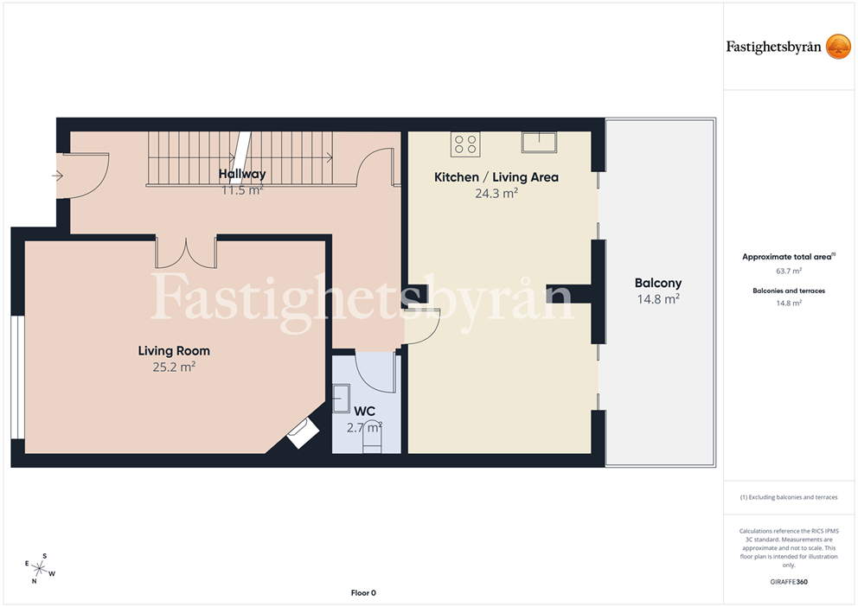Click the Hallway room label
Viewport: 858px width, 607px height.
click(x=242, y=174)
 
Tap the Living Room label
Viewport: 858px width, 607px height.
click(x=174, y=350)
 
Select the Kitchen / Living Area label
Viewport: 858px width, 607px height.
click(x=496, y=177)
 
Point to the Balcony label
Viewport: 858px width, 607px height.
click(x=658, y=283)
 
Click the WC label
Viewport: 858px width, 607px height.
click(x=364, y=412)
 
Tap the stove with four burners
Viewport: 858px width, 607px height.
click(x=465, y=144)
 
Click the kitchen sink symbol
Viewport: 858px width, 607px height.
click(x=539, y=142)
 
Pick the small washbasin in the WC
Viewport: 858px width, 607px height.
click(x=341, y=398)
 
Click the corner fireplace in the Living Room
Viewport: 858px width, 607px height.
click(x=303, y=433)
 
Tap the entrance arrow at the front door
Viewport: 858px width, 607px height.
click(x=57, y=176)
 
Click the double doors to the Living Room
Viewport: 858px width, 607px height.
click(x=186, y=252)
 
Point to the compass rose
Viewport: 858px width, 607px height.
click(x=40, y=569)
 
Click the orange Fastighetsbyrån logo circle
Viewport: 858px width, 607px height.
click(x=838, y=47)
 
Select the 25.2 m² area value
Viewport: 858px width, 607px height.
click(x=174, y=367)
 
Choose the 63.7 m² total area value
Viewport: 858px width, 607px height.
click(x=789, y=271)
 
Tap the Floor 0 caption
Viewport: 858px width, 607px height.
click(x=363, y=593)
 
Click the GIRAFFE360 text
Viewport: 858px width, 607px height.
click(x=789, y=582)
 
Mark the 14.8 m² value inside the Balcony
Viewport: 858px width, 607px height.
click(x=658, y=299)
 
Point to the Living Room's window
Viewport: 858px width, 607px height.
click(x=17, y=377)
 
